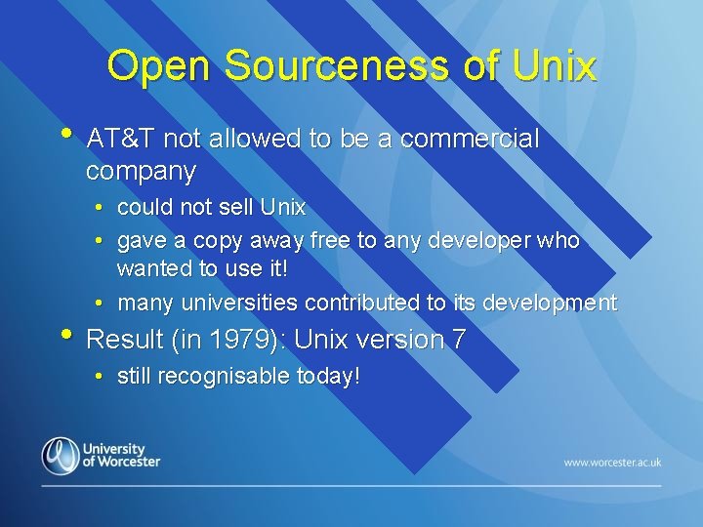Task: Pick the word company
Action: pos(141,173)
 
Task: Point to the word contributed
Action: pos(362,304)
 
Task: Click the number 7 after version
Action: pos(458,340)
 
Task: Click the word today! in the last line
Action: pos(328,376)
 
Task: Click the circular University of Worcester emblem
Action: pos(60,455)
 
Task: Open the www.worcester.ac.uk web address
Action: pos(612,462)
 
